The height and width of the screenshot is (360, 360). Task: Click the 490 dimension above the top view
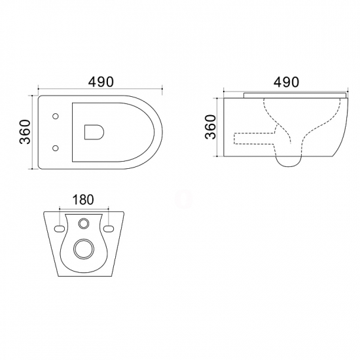tap(101, 82)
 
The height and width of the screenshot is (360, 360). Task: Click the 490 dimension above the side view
tap(286, 82)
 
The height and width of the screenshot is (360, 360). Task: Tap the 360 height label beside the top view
tap(25, 132)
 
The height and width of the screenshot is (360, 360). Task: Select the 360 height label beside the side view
tap(211, 127)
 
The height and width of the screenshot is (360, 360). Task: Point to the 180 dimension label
tap(83, 200)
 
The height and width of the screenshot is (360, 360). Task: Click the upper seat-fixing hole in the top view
tap(56, 116)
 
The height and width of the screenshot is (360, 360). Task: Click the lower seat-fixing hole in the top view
tap(56, 148)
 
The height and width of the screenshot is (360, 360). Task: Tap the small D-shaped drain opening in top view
tap(94, 132)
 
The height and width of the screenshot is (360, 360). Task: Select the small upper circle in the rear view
tap(84, 223)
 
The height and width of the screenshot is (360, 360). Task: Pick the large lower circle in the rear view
tap(84, 249)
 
